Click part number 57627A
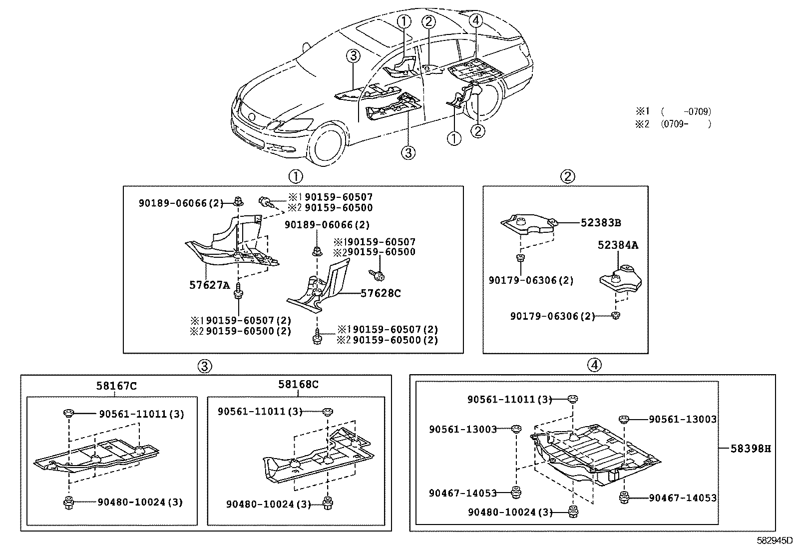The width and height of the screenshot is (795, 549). coord(209,285)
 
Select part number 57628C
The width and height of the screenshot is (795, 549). coord(381,293)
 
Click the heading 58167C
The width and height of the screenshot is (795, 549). coord(116,386)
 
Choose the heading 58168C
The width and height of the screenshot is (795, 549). coord(298,384)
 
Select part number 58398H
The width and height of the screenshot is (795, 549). coord(751,449)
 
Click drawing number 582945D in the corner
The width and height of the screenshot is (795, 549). coord(775,541)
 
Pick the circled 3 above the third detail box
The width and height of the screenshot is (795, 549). coord(204,366)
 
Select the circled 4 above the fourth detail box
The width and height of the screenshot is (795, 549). coord(594,365)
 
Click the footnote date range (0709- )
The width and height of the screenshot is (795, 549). coord(686,124)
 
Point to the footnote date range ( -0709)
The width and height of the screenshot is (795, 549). coord(686,111)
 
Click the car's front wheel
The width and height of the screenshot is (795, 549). coord(326,144)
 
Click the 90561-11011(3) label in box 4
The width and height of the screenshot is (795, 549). coord(509,400)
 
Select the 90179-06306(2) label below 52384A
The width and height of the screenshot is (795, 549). coord(552,316)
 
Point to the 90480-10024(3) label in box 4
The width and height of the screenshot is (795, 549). coord(510,512)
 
